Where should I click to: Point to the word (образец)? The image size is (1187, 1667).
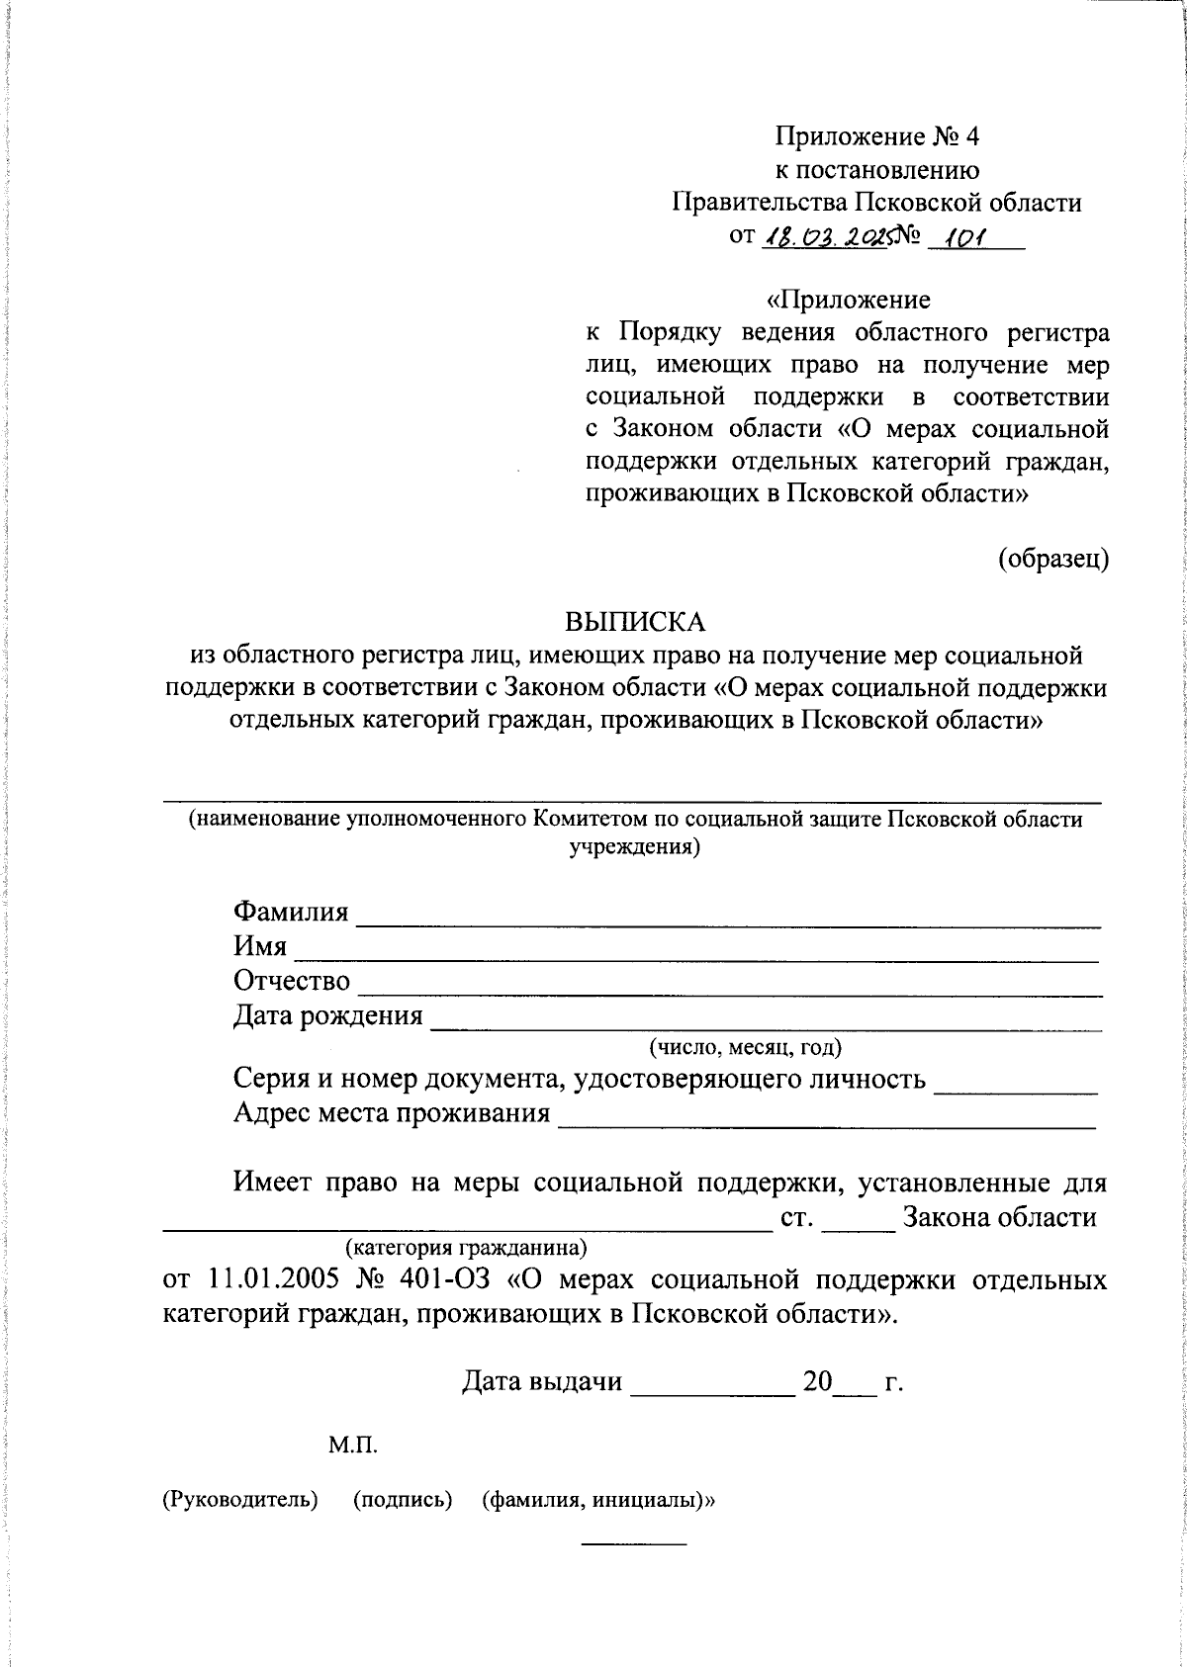click(1052, 559)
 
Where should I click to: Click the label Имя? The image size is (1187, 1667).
click(260, 946)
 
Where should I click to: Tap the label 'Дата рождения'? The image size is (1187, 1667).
click(327, 1015)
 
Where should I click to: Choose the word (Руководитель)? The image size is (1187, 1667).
click(240, 1499)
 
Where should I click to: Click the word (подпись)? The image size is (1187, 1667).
click(403, 1499)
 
